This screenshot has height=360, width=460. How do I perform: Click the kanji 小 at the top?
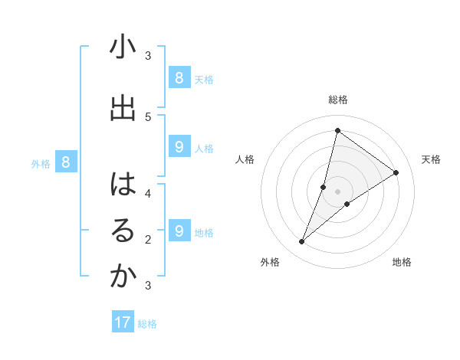click(123, 48)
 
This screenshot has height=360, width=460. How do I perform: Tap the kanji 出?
click(123, 108)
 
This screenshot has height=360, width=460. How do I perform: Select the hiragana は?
click(123, 185)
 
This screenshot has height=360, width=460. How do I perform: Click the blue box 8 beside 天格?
click(179, 77)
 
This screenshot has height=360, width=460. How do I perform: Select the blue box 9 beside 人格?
click(179, 147)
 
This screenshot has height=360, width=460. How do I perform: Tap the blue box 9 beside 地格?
click(179, 231)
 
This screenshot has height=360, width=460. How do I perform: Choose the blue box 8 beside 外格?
click(67, 162)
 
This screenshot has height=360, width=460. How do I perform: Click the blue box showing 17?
click(123, 322)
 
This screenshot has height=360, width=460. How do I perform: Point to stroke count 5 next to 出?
click(148, 116)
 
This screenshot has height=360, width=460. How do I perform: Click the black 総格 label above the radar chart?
click(337, 100)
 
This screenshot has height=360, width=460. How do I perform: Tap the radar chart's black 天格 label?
click(431, 159)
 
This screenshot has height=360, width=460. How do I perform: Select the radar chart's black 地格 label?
click(402, 262)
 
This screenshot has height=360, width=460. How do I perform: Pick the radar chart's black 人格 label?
click(245, 159)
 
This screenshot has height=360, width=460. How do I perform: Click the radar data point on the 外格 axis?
click(301, 242)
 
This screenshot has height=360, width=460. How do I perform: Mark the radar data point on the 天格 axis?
click(396, 172)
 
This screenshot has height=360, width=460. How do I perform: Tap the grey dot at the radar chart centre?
click(337, 191)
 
